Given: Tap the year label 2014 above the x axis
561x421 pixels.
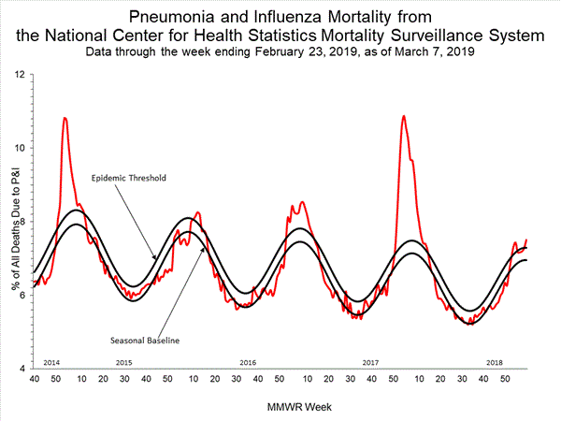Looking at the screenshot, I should click(x=52, y=361).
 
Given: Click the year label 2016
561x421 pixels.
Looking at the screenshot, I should click(x=248, y=361).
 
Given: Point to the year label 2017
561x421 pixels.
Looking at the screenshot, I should click(x=370, y=361).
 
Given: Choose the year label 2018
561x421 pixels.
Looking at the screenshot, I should click(x=494, y=361).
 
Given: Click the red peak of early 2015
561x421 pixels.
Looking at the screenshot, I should click(x=65, y=119).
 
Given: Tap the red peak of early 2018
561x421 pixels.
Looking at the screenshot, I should click(x=403, y=117).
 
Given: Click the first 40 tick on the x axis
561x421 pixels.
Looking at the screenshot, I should click(x=34, y=378).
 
